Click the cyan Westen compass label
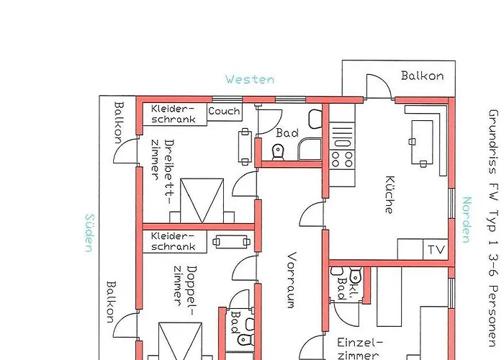[250, 79]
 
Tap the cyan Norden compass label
[467, 220]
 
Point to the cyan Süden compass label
[89, 233]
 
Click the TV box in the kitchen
[436, 249]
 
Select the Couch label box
[225, 112]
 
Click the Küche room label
[390, 195]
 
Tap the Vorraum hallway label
[292, 280]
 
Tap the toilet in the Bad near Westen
[278, 152]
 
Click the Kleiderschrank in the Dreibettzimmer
[174, 114]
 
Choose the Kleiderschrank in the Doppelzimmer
[174, 241]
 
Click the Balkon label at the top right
[423, 76]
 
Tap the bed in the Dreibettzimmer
[202, 201]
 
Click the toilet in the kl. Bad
[356, 275]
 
